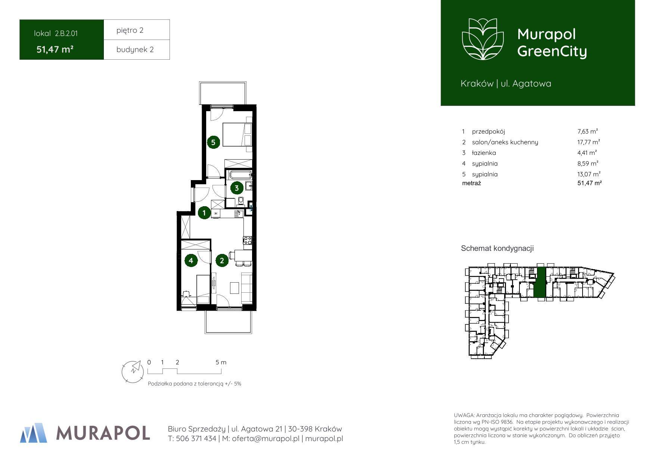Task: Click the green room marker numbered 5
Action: pyautogui.click(x=213, y=142)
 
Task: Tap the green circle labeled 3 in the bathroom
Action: pyautogui.click(x=237, y=188)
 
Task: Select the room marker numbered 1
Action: pyautogui.click(x=204, y=213)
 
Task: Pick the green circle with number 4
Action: pyautogui.click(x=191, y=260)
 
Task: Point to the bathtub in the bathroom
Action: pyautogui.click(x=240, y=175)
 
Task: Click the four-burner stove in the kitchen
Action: pyautogui.click(x=248, y=241)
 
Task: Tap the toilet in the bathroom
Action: pyautogui.click(x=241, y=201)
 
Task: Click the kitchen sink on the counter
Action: pyautogui.click(x=238, y=214)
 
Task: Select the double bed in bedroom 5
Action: pyautogui.click(x=237, y=134)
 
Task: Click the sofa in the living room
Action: pyautogui.click(x=247, y=287)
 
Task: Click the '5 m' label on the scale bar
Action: pyautogui.click(x=221, y=362)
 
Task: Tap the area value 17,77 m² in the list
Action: pyautogui.click(x=589, y=142)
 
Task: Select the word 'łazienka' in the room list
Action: pyautogui.click(x=484, y=153)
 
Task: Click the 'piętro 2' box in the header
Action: pyautogui.click(x=137, y=30)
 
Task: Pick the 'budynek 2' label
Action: pyautogui.click(x=135, y=50)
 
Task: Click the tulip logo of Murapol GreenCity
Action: pyautogui.click(x=483, y=39)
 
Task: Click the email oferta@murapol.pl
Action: pyautogui.click(x=266, y=439)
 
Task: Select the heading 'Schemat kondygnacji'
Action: pyautogui.click(x=497, y=248)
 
